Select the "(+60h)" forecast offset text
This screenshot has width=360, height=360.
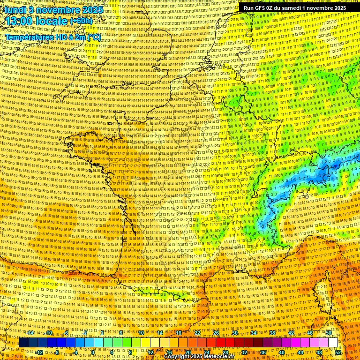point(81,21)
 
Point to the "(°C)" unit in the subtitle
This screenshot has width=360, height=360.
point(93,37)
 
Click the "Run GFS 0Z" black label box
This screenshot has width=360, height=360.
point(295,7)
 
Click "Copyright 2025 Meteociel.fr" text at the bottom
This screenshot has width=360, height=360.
point(199,357)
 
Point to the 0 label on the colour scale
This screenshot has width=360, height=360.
point(93,352)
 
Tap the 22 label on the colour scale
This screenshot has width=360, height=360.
point(197,333)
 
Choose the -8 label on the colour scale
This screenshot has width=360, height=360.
point(57,352)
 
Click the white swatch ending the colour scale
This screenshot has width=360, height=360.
point(333,343)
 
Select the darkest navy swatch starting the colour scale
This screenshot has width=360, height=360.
point(23,343)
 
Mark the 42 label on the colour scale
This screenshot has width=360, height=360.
point(291,333)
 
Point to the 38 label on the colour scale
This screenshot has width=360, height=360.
point(272,333)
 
